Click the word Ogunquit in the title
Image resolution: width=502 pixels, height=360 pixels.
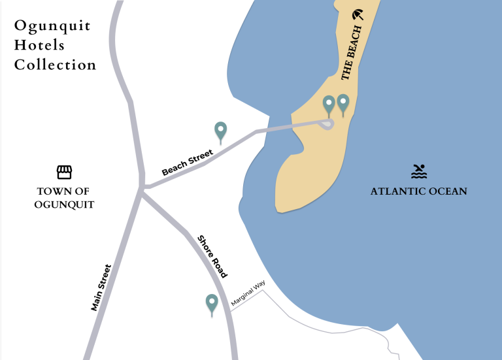52,27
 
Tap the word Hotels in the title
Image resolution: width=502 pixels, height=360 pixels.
39,46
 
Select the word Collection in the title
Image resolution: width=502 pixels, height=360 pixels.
56,65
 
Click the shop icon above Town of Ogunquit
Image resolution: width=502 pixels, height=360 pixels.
63,172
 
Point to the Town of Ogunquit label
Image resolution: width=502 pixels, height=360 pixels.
63,198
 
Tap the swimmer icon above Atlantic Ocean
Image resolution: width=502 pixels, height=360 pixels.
419,171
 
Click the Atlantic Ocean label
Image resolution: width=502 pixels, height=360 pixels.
419,191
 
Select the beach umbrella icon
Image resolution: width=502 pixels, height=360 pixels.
357,15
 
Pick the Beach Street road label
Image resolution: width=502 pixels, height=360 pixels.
188,163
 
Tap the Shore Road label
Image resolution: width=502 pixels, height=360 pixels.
212,257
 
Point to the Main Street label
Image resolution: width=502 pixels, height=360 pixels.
102,287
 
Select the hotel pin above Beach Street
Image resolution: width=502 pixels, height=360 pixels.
221,131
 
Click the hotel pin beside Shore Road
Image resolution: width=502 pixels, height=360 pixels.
212,303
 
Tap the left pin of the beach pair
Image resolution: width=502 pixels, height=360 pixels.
329,104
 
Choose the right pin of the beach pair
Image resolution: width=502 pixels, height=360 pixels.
343,103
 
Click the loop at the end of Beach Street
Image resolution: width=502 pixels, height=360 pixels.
326,123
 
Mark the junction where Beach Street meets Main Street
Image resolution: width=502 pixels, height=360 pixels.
143,188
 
